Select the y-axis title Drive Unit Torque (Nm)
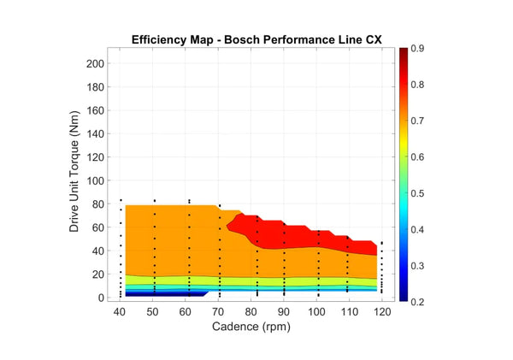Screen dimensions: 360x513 coord(75,177)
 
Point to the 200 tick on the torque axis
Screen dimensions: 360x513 coord(96,63)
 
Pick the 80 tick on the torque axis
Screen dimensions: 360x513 coord(99,204)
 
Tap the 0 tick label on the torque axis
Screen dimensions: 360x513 coord(103,298)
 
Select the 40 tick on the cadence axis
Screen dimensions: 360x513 coord(121,311)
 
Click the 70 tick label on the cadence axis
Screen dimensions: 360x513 coord(219,311)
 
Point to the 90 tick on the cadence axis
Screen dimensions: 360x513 coord(284,311)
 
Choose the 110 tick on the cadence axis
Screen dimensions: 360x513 coord(348,311)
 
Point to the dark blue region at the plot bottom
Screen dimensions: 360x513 coord(162,294)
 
